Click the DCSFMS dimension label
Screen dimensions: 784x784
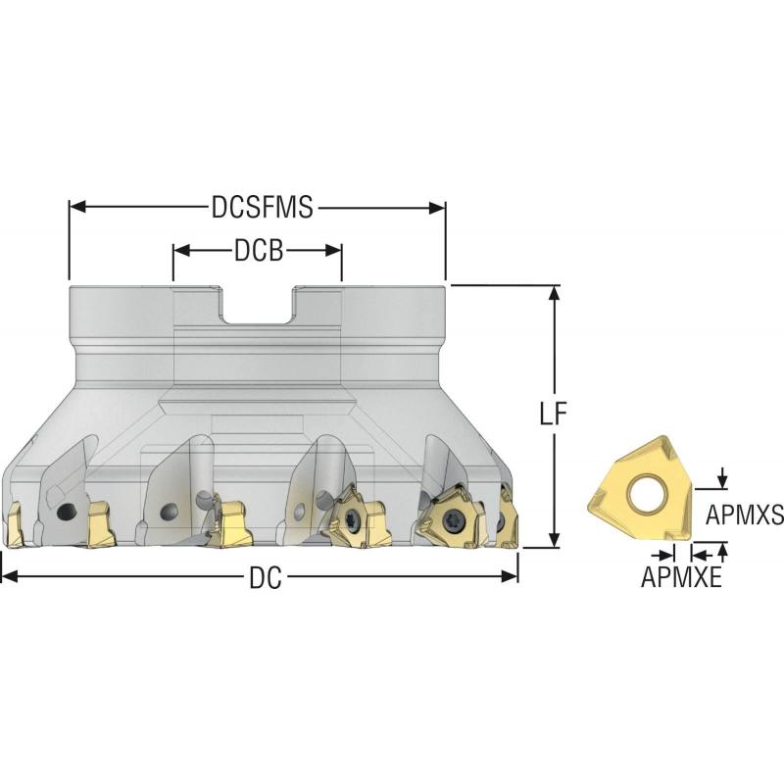pos(261,207)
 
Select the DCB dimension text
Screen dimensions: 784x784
pos(258,252)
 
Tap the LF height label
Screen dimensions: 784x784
pos(556,415)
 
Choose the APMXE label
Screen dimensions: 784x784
pos(681,578)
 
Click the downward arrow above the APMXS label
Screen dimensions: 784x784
pos(722,478)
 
